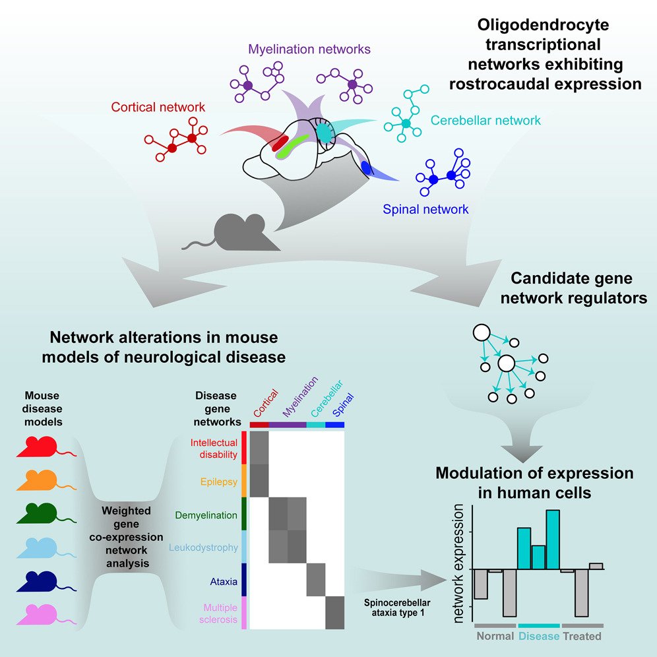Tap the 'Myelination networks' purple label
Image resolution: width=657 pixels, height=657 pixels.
309,49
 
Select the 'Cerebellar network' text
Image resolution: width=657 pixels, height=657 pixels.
485,121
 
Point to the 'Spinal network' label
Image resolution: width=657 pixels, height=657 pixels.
425,210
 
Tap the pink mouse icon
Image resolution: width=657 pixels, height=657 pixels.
39,615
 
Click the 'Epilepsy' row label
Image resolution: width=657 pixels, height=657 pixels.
218,482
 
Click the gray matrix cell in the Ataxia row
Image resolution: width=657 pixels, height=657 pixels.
316,580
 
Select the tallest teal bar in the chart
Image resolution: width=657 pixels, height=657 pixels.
553,538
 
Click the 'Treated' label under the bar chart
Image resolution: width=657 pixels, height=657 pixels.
582,637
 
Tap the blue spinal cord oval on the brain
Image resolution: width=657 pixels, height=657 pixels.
366,168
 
